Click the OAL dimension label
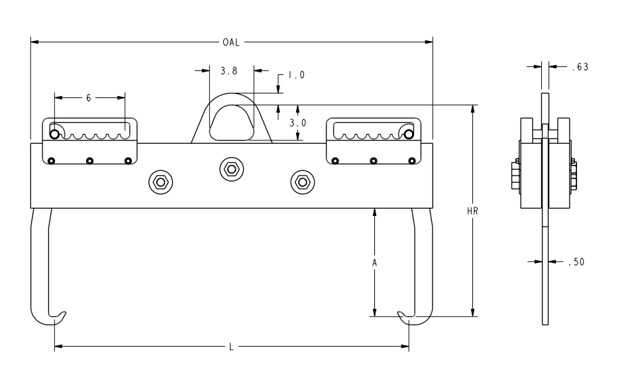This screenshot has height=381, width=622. tap(231, 42)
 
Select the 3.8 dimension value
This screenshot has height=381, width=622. tap(232, 68)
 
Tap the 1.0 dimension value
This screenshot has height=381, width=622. tap(295, 76)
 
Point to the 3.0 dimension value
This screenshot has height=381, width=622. tap(297, 123)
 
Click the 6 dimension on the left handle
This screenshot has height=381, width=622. tap(89, 97)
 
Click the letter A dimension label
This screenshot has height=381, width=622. tap(374, 262)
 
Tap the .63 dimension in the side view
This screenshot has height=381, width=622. tap(579, 66)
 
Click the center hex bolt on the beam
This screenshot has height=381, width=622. tap(231, 169)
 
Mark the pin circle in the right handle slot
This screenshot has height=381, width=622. tap(409, 135)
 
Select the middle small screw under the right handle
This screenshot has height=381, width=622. tap(374, 160)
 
